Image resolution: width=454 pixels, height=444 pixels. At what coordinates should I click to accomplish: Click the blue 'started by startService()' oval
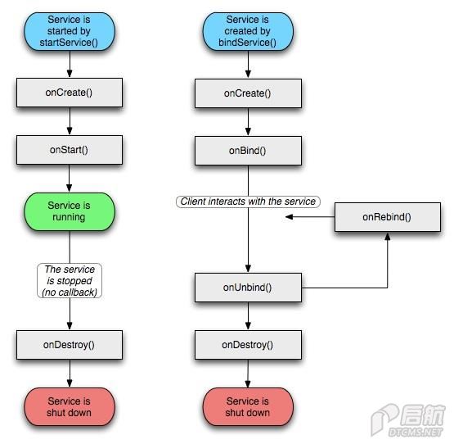pyautogui.click(x=70, y=31)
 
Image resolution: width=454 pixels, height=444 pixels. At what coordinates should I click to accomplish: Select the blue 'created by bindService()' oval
pyautogui.click(x=248, y=31)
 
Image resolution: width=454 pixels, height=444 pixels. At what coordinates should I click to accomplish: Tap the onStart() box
pyautogui.click(x=70, y=150)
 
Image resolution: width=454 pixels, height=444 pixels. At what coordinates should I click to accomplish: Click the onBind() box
pyautogui.click(x=248, y=151)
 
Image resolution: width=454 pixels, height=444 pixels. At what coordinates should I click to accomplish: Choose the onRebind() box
pyautogui.click(x=388, y=217)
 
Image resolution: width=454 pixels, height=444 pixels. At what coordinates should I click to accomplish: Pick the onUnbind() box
pyautogui.click(x=248, y=288)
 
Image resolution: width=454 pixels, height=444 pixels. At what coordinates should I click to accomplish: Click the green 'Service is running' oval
pyautogui.click(x=70, y=211)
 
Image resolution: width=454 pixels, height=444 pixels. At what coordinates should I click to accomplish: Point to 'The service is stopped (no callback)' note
pyautogui.click(x=70, y=280)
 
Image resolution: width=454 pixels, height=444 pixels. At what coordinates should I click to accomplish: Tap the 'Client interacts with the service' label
pyautogui.click(x=248, y=202)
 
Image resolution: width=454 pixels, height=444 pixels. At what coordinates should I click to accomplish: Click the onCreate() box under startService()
pyautogui.click(x=70, y=93)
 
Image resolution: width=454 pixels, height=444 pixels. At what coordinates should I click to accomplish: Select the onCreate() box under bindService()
pyautogui.click(x=248, y=93)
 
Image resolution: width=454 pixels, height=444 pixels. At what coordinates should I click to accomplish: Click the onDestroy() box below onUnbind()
pyautogui.click(x=248, y=345)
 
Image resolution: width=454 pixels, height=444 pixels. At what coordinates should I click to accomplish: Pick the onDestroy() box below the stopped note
pyautogui.click(x=70, y=345)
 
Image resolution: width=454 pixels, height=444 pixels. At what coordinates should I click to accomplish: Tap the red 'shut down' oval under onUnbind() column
pyautogui.click(x=248, y=407)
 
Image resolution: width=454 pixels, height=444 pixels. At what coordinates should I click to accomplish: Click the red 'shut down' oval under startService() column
pyautogui.click(x=70, y=407)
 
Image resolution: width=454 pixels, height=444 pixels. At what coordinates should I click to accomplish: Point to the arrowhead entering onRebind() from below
pyautogui.click(x=388, y=236)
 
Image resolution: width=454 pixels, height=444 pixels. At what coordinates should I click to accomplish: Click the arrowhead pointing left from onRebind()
pyautogui.click(x=289, y=216)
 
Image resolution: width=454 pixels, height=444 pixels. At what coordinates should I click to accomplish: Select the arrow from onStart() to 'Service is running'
pyautogui.click(x=70, y=179)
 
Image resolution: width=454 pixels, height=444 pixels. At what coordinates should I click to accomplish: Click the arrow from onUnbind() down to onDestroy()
pyautogui.click(x=248, y=316)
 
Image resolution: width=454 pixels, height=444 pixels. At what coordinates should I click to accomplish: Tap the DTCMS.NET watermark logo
pyautogui.click(x=408, y=420)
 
